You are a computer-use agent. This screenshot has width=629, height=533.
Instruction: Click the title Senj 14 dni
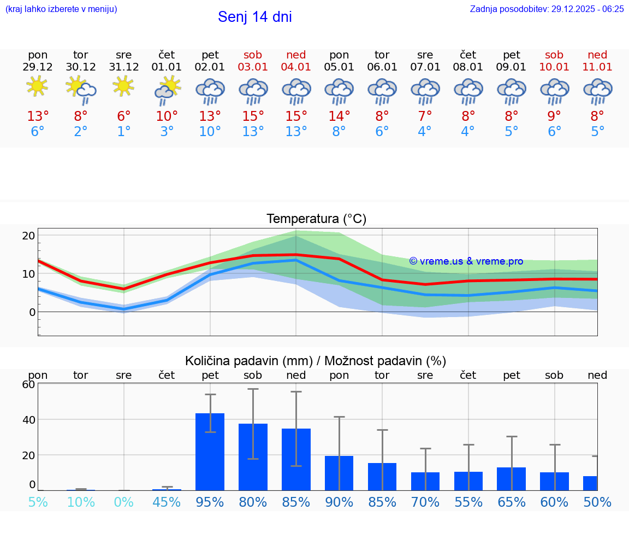point(254,17)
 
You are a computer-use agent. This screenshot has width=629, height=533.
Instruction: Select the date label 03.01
point(253,67)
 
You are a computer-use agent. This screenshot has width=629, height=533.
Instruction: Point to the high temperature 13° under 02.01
point(210,116)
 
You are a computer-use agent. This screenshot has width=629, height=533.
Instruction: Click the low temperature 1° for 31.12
point(124,132)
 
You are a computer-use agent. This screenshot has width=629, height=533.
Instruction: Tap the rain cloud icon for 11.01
point(597,91)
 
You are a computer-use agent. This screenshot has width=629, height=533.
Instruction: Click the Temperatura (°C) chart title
point(316,219)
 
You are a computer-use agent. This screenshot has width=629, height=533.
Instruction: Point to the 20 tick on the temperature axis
point(28,236)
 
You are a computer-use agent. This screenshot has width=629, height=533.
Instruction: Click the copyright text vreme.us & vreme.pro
point(466,261)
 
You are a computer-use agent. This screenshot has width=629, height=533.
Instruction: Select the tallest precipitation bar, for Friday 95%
point(210,452)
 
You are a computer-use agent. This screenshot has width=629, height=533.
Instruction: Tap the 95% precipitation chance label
point(210,502)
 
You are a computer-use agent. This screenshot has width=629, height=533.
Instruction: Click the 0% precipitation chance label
point(124,502)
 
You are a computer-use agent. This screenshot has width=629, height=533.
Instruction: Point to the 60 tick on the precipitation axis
point(28,384)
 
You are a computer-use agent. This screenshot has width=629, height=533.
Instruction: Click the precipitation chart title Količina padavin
point(316,361)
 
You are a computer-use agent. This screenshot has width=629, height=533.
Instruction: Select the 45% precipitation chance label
point(167,502)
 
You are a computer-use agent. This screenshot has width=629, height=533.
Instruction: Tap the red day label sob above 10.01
point(554,55)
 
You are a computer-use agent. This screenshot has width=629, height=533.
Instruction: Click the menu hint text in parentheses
point(61,9)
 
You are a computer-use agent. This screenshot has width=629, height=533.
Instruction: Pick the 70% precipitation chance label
point(425,502)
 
